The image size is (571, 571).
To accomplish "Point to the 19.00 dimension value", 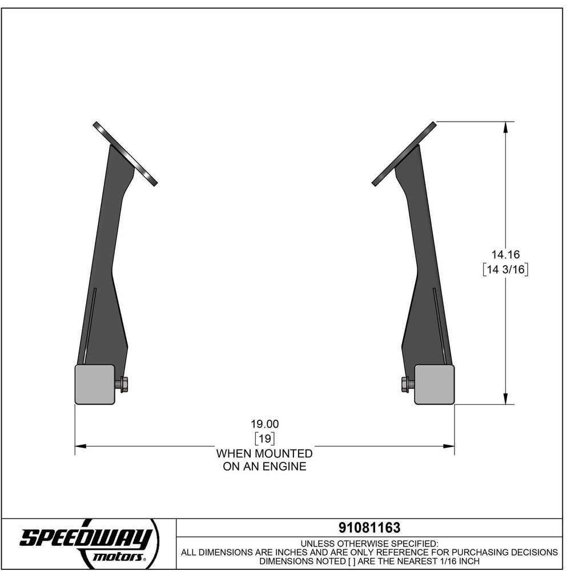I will point(264,424).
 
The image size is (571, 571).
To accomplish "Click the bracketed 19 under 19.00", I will point(264,439).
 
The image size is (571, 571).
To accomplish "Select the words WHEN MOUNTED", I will point(264,453).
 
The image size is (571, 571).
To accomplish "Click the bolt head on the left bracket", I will point(124,384).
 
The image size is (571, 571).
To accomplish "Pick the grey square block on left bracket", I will point(95,384).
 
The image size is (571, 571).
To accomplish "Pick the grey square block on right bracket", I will point(435,384).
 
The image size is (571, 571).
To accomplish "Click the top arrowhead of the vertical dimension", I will point(505,127).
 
